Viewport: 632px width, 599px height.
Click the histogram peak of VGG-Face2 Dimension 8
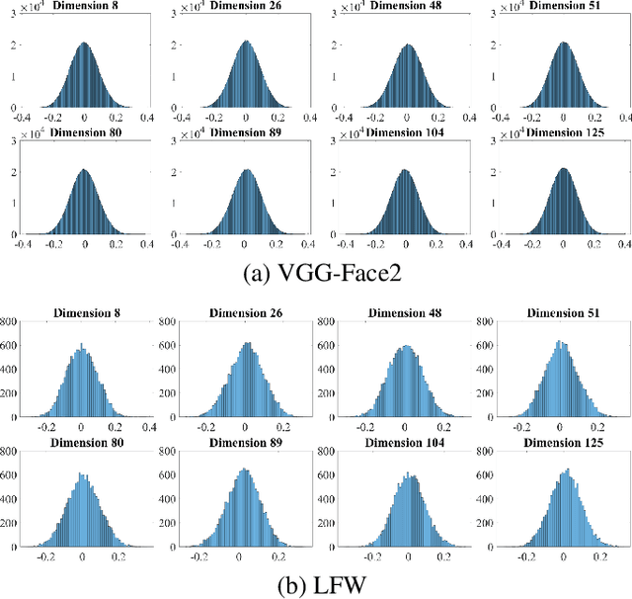coord(84,43)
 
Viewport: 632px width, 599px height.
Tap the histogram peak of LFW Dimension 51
coord(560,342)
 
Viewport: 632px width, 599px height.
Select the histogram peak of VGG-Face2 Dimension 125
coord(564,169)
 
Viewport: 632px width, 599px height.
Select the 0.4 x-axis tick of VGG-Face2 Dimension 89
coord(307,244)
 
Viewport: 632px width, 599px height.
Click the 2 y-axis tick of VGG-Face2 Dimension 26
coord(178,43)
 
